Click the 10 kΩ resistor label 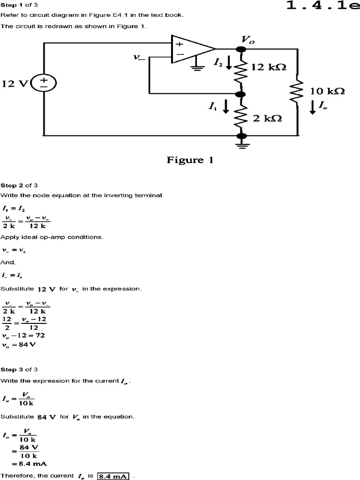pos(327,91)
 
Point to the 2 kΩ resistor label pos(267,118)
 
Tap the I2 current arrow pos(229,62)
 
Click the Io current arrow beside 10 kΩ pos(313,107)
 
